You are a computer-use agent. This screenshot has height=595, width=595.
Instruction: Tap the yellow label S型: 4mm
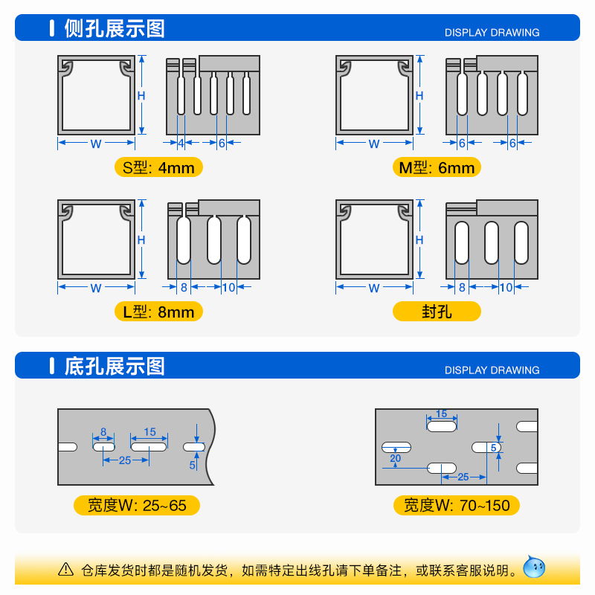point(158,167)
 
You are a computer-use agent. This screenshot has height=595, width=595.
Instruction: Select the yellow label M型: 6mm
point(437,167)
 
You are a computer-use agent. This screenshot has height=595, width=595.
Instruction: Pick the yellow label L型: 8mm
point(158,312)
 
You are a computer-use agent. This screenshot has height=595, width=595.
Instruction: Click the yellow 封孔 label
point(437,312)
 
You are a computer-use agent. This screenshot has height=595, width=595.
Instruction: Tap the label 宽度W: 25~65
point(137,506)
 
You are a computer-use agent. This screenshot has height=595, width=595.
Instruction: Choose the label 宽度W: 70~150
point(457,506)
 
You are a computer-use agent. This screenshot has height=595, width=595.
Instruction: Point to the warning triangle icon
point(66,570)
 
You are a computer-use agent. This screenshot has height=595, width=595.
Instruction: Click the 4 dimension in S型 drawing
point(181,144)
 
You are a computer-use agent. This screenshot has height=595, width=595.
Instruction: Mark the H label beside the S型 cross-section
point(141,95)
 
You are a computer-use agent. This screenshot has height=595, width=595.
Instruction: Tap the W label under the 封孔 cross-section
point(373,288)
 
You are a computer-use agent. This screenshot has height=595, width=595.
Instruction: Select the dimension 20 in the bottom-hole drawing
point(395,459)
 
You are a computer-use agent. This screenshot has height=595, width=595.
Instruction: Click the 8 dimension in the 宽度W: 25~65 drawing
point(103,431)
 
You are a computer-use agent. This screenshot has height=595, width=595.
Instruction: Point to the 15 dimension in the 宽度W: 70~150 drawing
point(441,414)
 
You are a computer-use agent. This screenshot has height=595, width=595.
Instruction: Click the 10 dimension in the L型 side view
point(228,288)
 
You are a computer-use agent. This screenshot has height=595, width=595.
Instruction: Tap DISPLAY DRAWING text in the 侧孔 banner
point(492,33)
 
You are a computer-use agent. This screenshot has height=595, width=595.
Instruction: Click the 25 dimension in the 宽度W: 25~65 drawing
point(125,460)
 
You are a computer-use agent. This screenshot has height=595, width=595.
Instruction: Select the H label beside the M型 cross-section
point(419,96)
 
